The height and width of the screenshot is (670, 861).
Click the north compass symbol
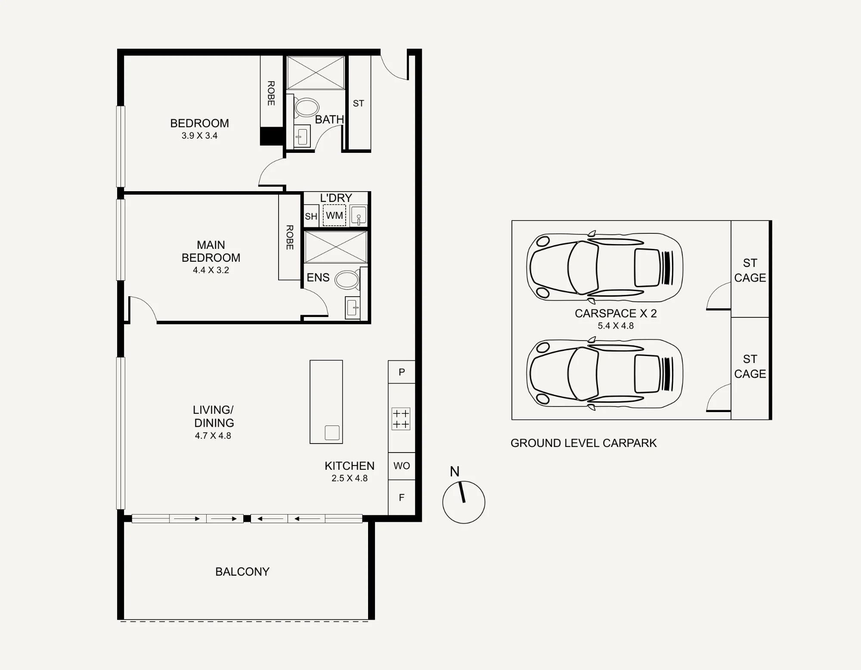pos(464,502)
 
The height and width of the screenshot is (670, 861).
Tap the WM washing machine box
pos(334,215)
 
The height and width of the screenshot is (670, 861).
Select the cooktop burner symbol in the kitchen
pos(401,419)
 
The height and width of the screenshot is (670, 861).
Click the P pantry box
pos(402,372)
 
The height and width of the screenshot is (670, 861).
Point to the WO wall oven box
pos(402,466)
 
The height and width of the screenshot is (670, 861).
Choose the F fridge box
pos(402,497)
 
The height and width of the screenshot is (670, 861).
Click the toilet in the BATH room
pos(306,107)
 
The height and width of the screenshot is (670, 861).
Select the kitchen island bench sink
pos(332,432)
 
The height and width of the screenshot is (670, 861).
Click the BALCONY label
pos(242,571)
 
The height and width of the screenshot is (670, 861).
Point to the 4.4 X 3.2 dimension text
pos(211,270)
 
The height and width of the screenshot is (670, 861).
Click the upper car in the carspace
pos(605,267)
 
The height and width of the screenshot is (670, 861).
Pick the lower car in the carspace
pos(605,373)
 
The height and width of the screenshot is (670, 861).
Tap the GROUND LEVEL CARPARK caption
pos(583,443)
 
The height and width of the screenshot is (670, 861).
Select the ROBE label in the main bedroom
pos(290,237)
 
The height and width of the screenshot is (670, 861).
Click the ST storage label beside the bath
pos(359,103)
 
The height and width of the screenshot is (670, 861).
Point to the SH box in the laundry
pos(311,216)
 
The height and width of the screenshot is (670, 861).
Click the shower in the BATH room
pos(316,73)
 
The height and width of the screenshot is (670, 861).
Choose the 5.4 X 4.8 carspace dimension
pos(616,326)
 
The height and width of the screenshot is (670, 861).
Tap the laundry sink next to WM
pos(358,215)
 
